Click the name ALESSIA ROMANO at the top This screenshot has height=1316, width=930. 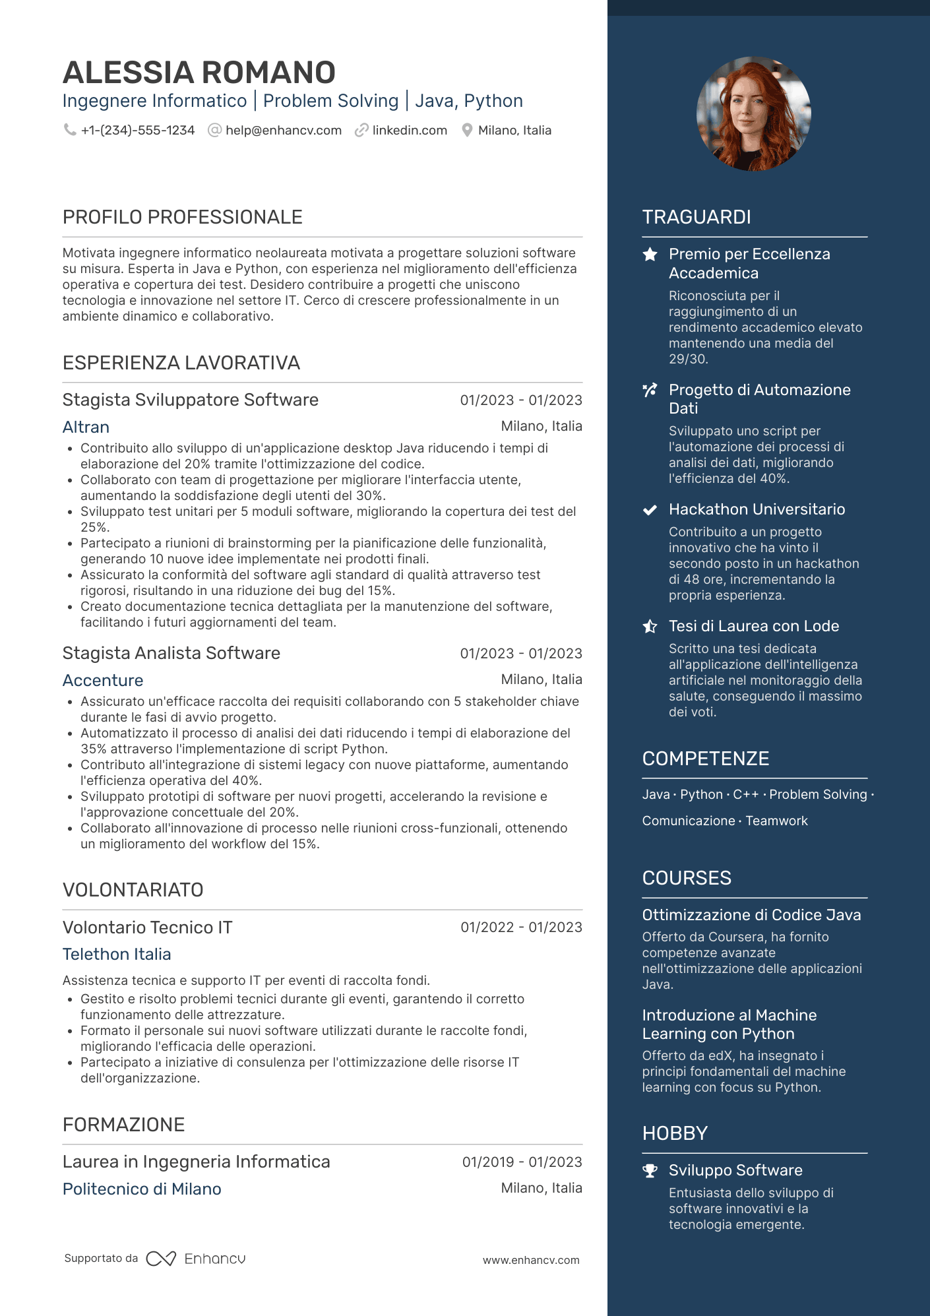[x=199, y=73]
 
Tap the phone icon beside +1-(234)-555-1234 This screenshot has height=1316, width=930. [x=69, y=130]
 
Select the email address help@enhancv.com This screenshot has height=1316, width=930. [x=283, y=131]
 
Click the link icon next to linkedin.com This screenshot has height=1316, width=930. [x=361, y=131]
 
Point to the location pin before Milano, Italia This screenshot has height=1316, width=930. [x=467, y=131]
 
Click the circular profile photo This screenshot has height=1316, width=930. [x=753, y=113]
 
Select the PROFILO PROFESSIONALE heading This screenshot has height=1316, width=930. [x=182, y=217]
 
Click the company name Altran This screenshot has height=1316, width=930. [x=86, y=427]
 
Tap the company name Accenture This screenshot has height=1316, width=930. [x=102, y=681]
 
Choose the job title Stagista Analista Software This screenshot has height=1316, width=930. [x=171, y=653]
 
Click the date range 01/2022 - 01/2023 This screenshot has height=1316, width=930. [x=521, y=927]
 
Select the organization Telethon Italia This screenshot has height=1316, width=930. [x=117, y=955]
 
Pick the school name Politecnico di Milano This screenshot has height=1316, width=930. [x=142, y=1189]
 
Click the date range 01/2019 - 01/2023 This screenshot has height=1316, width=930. [x=522, y=1162]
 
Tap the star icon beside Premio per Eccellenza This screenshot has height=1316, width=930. [x=650, y=255]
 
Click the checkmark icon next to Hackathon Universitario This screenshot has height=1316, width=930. [x=650, y=510]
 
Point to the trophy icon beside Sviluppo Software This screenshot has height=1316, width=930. [x=650, y=1171]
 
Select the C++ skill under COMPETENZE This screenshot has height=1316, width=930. [x=746, y=795]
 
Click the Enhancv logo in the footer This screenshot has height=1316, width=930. [x=195, y=1259]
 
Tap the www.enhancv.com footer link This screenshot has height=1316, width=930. [x=531, y=1260]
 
